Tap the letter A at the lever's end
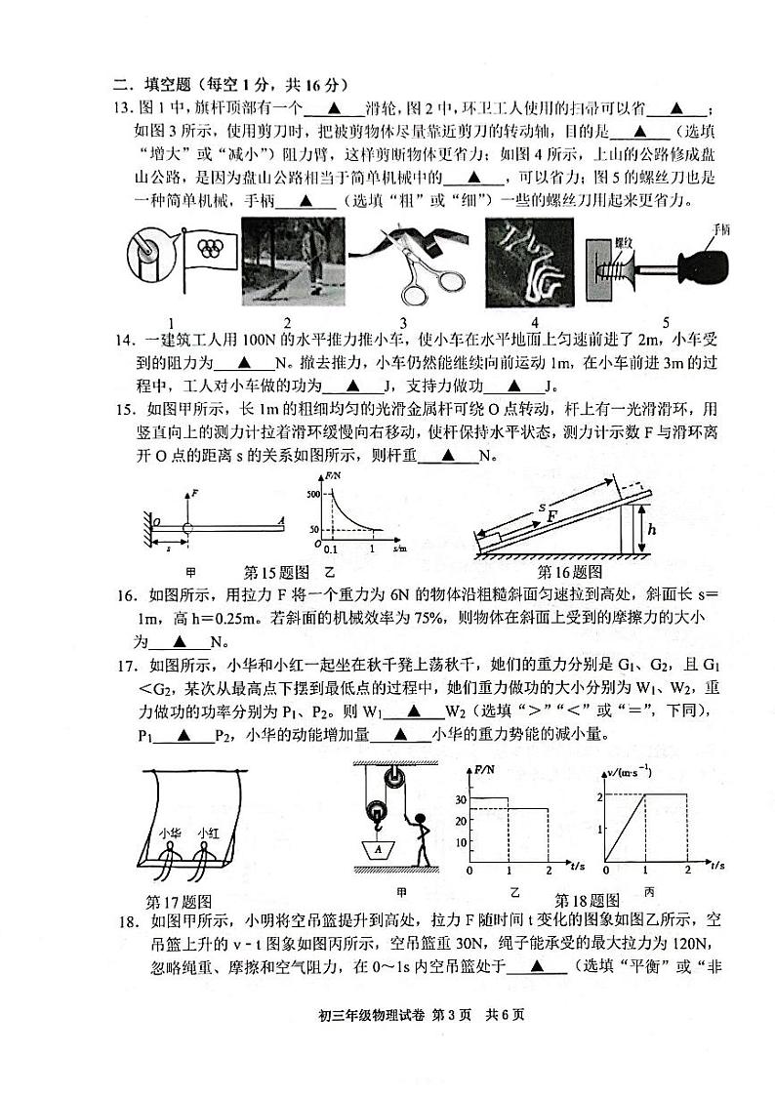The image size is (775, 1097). (x=280, y=521)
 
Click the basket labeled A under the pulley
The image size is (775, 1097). (x=376, y=849)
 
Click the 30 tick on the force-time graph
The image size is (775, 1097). (x=460, y=798)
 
